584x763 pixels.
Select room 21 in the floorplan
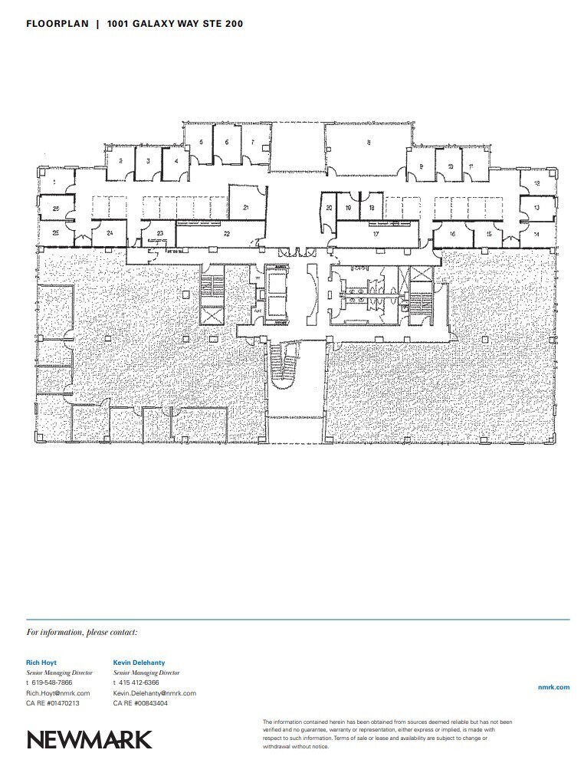click(246, 208)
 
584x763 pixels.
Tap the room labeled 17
click(376, 233)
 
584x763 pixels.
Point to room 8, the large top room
click(369, 142)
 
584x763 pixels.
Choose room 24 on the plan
click(110, 232)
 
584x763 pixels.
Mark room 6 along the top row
click(226, 142)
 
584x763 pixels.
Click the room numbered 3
click(147, 161)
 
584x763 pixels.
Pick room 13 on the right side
click(536, 208)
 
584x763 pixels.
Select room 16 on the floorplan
click(453, 233)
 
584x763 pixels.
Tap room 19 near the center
click(349, 208)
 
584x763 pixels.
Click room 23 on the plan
click(160, 233)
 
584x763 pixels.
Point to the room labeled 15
click(488, 233)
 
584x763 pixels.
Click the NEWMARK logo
click(90, 738)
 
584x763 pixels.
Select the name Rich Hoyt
click(41, 662)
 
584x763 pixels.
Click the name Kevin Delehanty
click(139, 662)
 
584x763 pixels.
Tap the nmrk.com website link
click(554, 687)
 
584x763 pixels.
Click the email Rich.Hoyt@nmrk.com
click(57, 692)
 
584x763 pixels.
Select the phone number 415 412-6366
click(138, 682)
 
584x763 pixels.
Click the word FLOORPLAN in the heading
click(57, 24)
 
